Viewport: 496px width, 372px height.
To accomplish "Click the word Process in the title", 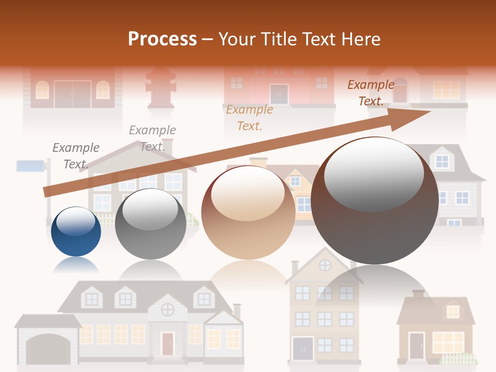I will (162, 39).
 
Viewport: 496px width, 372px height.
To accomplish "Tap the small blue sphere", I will (76, 238).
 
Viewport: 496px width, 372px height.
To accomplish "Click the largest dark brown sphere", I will (375, 207).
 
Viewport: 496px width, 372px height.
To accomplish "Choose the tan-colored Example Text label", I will (250, 117).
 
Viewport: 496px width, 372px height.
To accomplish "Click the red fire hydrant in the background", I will (161, 88).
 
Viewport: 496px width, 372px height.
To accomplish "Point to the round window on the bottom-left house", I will (167, 309).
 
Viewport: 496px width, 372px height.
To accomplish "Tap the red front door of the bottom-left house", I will (167, 343).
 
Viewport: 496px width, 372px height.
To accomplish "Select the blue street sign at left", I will (30, 166).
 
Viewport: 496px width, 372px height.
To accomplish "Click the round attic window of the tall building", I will (325, 265).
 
